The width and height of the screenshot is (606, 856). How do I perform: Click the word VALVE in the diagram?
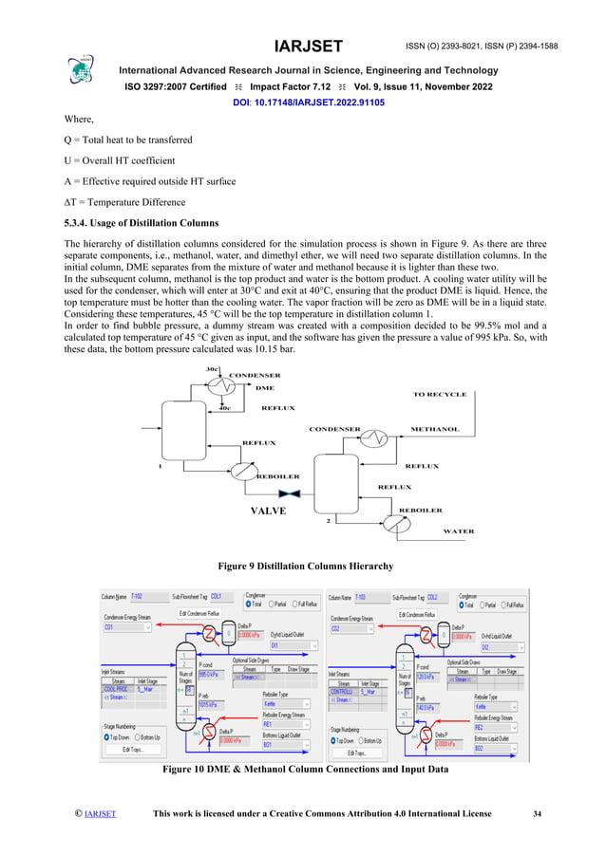(269, 510)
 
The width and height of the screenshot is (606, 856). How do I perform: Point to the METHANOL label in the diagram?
(434, 429)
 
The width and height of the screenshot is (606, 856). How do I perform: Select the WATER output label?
(459, 531)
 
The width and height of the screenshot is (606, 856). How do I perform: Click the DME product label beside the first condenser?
(265, 387)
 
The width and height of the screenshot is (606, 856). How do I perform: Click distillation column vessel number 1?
(180, 428)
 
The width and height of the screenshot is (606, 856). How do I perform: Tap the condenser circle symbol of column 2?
(378, 437)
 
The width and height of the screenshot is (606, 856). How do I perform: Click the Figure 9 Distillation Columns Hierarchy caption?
(305, 566)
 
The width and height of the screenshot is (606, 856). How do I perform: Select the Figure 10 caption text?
(305, 769)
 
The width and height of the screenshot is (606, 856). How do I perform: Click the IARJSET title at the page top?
(308, 47)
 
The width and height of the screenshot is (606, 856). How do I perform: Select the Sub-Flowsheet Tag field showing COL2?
(437, 598)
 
